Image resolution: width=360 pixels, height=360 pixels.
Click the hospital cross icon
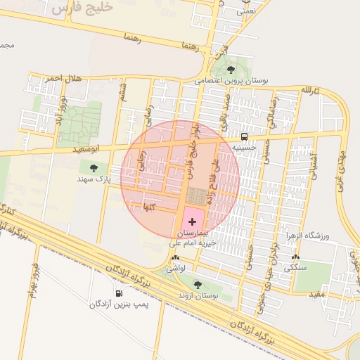click(193, 221)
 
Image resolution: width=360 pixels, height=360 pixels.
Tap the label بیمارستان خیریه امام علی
click(193, 238)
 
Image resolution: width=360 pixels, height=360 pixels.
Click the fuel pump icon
click(119, 293)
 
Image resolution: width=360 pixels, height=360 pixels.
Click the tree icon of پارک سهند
click(94, 167)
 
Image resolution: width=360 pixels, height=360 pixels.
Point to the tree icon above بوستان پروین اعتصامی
click(231, 69)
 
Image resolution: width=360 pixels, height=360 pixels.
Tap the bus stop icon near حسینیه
click(244, 136)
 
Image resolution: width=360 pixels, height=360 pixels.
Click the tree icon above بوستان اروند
click(197, 285)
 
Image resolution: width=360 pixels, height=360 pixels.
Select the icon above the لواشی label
click(175, 258)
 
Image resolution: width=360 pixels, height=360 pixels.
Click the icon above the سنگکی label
click(295, 257)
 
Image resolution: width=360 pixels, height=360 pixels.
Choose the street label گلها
click(148, 207)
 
